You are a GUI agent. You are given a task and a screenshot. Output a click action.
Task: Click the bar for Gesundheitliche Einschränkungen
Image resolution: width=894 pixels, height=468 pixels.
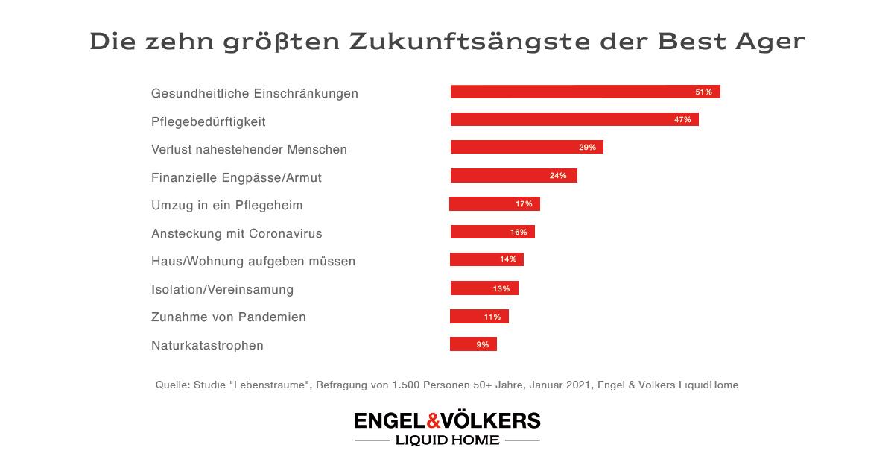pos(585,92)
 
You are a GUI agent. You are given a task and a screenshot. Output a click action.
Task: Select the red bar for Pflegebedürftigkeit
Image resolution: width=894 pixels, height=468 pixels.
pos(574,119)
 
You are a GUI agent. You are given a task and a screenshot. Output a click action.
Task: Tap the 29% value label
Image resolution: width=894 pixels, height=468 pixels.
pos(587,148)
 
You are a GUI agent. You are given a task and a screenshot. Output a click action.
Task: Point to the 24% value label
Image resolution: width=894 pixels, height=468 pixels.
pos(558,176)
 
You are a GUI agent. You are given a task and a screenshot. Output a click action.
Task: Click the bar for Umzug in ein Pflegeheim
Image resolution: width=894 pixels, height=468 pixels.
pos(495,203)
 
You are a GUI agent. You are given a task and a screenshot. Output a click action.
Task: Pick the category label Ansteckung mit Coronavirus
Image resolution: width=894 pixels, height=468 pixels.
pos(236,233)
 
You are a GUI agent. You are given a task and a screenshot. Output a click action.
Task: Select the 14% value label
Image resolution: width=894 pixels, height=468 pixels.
pos(508,260)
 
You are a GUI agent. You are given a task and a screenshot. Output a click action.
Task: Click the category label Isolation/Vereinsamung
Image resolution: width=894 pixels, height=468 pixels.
pos(222,289)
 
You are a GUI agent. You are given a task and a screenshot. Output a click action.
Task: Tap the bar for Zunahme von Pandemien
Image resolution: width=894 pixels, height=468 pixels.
pos(479,316)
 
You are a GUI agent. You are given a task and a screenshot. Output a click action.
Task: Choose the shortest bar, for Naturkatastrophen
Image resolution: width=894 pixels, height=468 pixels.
pos(473,344)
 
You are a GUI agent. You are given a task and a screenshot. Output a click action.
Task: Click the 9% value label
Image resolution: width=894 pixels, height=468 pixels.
pos(483,344)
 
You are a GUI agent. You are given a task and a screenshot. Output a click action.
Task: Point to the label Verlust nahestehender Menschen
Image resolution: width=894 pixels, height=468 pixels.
pos(249,149)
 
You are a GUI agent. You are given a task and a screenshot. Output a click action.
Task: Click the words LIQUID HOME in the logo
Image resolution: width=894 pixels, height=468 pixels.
pos(448,440)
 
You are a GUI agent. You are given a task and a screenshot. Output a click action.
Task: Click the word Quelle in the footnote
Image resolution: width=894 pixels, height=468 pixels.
pos(171,385)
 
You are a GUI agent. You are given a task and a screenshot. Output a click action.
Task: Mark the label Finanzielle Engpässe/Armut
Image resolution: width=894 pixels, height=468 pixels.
pos(236,177)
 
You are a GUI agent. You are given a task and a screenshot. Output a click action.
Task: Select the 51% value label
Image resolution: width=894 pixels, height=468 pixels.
pos(703,92)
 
